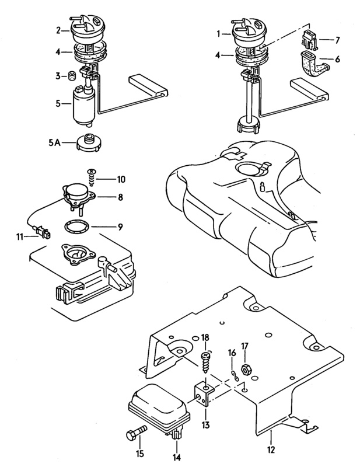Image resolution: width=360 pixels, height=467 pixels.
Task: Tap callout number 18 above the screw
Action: (205, 338)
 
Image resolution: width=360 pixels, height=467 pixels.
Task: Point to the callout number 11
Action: (20, 238)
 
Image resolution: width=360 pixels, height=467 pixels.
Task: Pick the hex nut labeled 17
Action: (245, 369)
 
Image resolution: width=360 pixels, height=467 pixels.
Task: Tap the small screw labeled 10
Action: (92, 173)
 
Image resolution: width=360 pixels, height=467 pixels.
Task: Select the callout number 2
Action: (58, 29)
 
